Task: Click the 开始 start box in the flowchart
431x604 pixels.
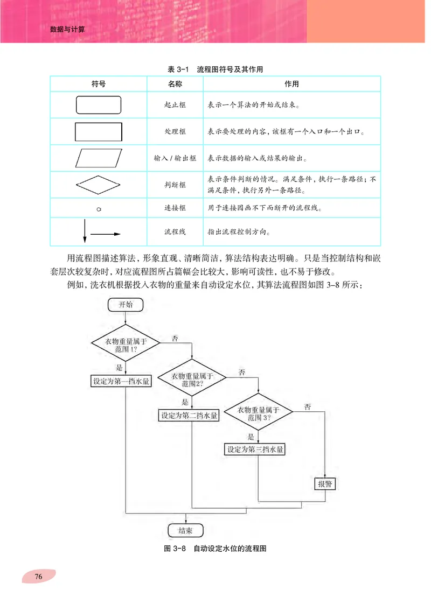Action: click(x=126, y=304)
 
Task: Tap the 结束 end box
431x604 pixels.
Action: click(x=186, y=531)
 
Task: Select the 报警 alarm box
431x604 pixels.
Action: click(x=325, y=483)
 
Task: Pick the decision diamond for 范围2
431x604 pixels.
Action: click(x=192, y=380)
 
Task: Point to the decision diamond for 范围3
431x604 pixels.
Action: click(x=259, y=413)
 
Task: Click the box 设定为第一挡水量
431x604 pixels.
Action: click(x=121, y=381)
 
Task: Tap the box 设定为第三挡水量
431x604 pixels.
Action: click(x=255, y=449)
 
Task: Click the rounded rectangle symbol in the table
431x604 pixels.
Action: click(x=99, y=105)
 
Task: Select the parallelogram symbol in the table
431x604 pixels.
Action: click(x=99, y=159)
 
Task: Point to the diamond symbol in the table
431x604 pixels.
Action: click(x=99, y=185)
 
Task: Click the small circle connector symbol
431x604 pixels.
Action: click(x=99, y=208)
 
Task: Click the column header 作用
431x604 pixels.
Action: click(x=291, y=85)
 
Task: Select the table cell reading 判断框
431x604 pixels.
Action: click(x=175, y=185)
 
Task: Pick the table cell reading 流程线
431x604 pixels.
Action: click(x=175, y=233)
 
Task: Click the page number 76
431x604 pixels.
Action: click(x=38, y=577)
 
